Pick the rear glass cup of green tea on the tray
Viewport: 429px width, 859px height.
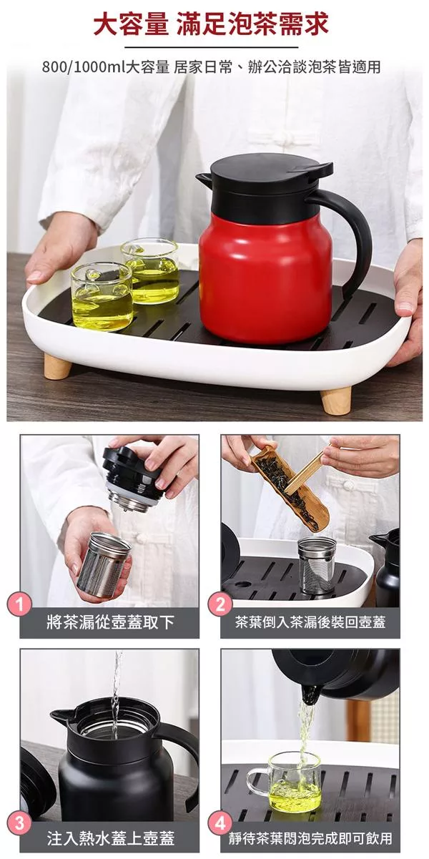pyautogui.click(x=150, y=270)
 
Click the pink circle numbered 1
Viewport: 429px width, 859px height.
pyautogui.click(x=19, y=605)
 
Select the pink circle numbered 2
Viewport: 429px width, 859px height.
pyautogui.click(x=220, y=605)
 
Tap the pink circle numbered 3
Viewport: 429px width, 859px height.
pyautogui.click(x=19, y=822)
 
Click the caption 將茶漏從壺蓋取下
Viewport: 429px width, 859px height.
pyautogui.click(x=110, y=622)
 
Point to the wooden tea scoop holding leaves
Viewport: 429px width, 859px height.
pyautogui.click(x=290, y=488)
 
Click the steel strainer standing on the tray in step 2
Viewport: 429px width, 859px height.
pyautogui.click(x=317, y=564)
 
